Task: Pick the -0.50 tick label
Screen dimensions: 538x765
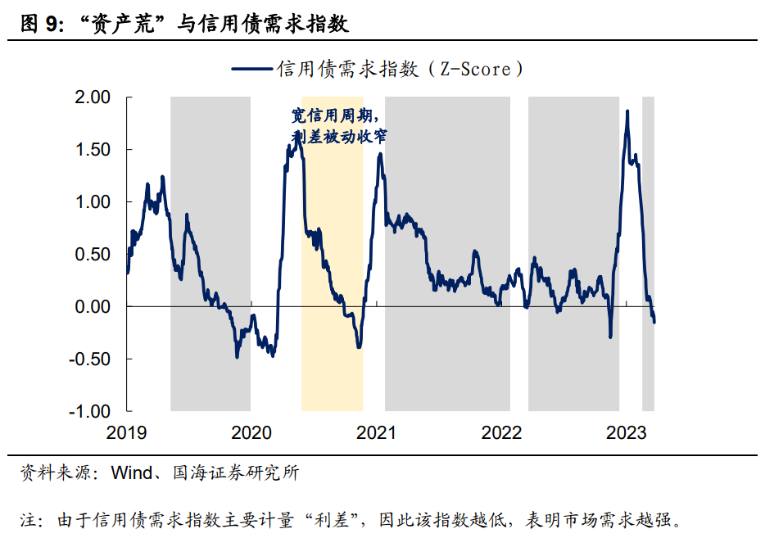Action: point(89,359)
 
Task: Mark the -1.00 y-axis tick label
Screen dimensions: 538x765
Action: point(89,411)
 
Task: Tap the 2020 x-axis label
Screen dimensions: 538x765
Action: point(251,432)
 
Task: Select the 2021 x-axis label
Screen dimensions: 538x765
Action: point(376,432)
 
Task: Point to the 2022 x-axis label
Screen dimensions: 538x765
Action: point(501,432)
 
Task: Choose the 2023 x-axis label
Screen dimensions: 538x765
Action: point(626,432)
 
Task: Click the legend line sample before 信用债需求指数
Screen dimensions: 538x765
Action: point(252,70)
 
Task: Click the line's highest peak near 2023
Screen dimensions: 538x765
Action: point(627,111)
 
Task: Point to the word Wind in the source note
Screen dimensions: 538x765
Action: point(131,472)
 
